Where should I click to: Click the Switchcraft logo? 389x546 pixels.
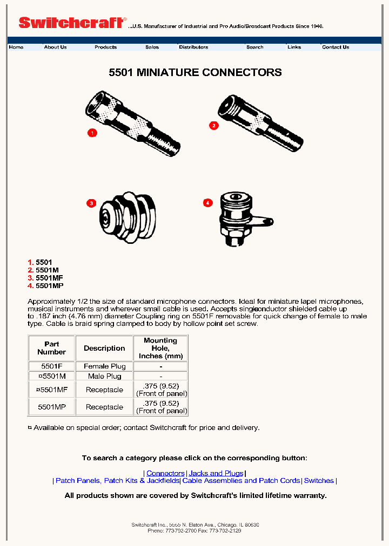click(71, 23)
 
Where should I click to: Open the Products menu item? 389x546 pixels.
click(105, 47)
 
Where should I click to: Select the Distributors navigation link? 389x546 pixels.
click(193, 47)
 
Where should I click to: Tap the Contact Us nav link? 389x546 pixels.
click(336, 47)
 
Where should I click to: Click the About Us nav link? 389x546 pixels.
click(55, 47)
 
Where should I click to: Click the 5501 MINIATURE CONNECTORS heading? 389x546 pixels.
click(195, 72)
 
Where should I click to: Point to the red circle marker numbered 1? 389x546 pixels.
click(92, 133)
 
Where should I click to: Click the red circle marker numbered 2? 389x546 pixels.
click(213, 126)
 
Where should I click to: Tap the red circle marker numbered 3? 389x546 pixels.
click(91, 203)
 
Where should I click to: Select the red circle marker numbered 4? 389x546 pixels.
click(208, 202)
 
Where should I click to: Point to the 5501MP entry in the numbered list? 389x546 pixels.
click(49, 285)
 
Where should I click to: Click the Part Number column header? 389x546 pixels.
click(51, 348)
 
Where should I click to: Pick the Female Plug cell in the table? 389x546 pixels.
click(104, 366)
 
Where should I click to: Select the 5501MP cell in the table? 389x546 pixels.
click(51, 407)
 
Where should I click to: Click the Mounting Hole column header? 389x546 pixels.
click(160, 348)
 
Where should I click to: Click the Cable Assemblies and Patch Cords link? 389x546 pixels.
click(241, 481)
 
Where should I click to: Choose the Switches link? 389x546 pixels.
click(319, 481)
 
